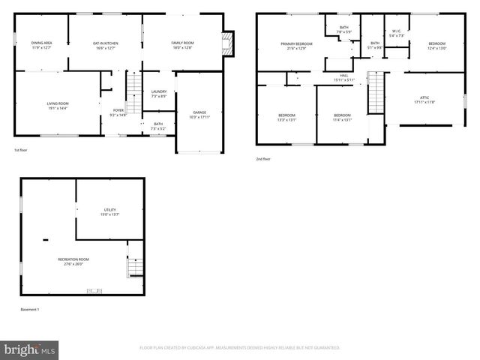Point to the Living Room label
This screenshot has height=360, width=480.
[58, 106]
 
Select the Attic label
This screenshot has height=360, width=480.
[424, 100]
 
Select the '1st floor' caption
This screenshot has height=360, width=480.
[21, 150]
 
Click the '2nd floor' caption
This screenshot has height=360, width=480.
[263, 159]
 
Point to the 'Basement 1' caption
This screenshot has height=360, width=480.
[30, 310]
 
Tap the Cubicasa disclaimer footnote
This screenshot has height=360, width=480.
[239, 348]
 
